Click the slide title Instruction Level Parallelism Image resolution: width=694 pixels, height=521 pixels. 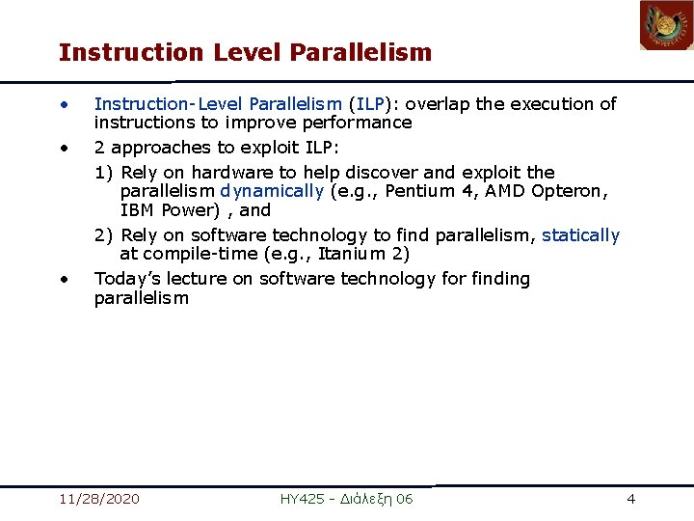tap(245, 52)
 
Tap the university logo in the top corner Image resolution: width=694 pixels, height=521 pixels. tap(666, 26)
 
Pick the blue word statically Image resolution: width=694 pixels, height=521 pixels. tap(580, 235)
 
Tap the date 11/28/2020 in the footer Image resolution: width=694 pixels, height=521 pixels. tap(98, 499)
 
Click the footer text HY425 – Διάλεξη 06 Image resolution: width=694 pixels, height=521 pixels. tap(346, 499)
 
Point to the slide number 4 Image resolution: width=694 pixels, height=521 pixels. tap(630, 499)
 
